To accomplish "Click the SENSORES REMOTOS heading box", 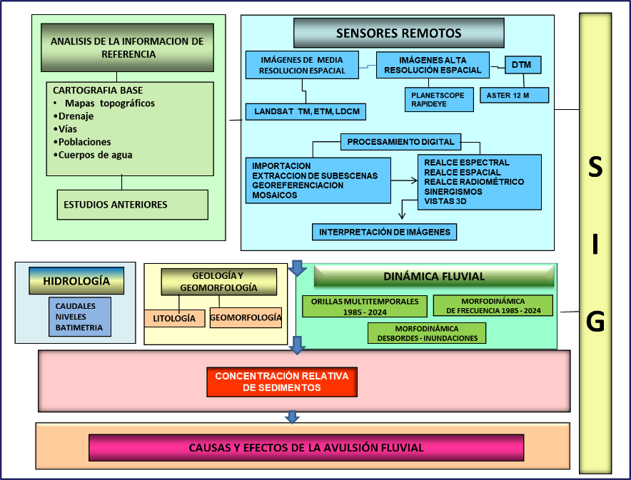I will [398, 33].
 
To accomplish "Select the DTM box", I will [523, 66].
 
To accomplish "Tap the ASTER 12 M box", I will [513, 95].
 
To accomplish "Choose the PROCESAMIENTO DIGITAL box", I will [400, 142].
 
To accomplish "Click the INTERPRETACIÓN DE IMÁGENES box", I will [384, 232].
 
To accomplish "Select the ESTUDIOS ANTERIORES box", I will [132, 205].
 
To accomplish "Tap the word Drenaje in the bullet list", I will [76, 116].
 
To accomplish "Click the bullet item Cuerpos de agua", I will [96, 155].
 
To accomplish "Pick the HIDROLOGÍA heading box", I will [76, 281].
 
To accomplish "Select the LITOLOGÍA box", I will [174, 319].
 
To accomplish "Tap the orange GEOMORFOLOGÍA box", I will [246, 317].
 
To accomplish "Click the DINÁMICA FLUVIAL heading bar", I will [434, 276].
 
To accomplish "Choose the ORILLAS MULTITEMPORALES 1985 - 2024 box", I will [365, 305].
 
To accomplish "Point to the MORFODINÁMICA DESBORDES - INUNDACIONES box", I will [427, 333].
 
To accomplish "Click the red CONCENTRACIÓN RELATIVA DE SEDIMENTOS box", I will [281, 382].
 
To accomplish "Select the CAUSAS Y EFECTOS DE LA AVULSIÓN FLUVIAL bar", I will [306, 448].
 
